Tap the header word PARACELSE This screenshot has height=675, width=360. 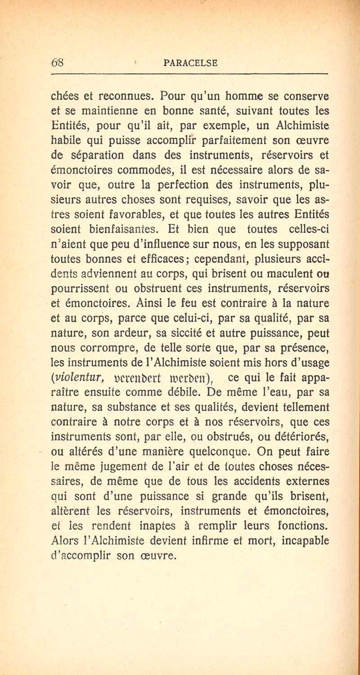tap(191, 63)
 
